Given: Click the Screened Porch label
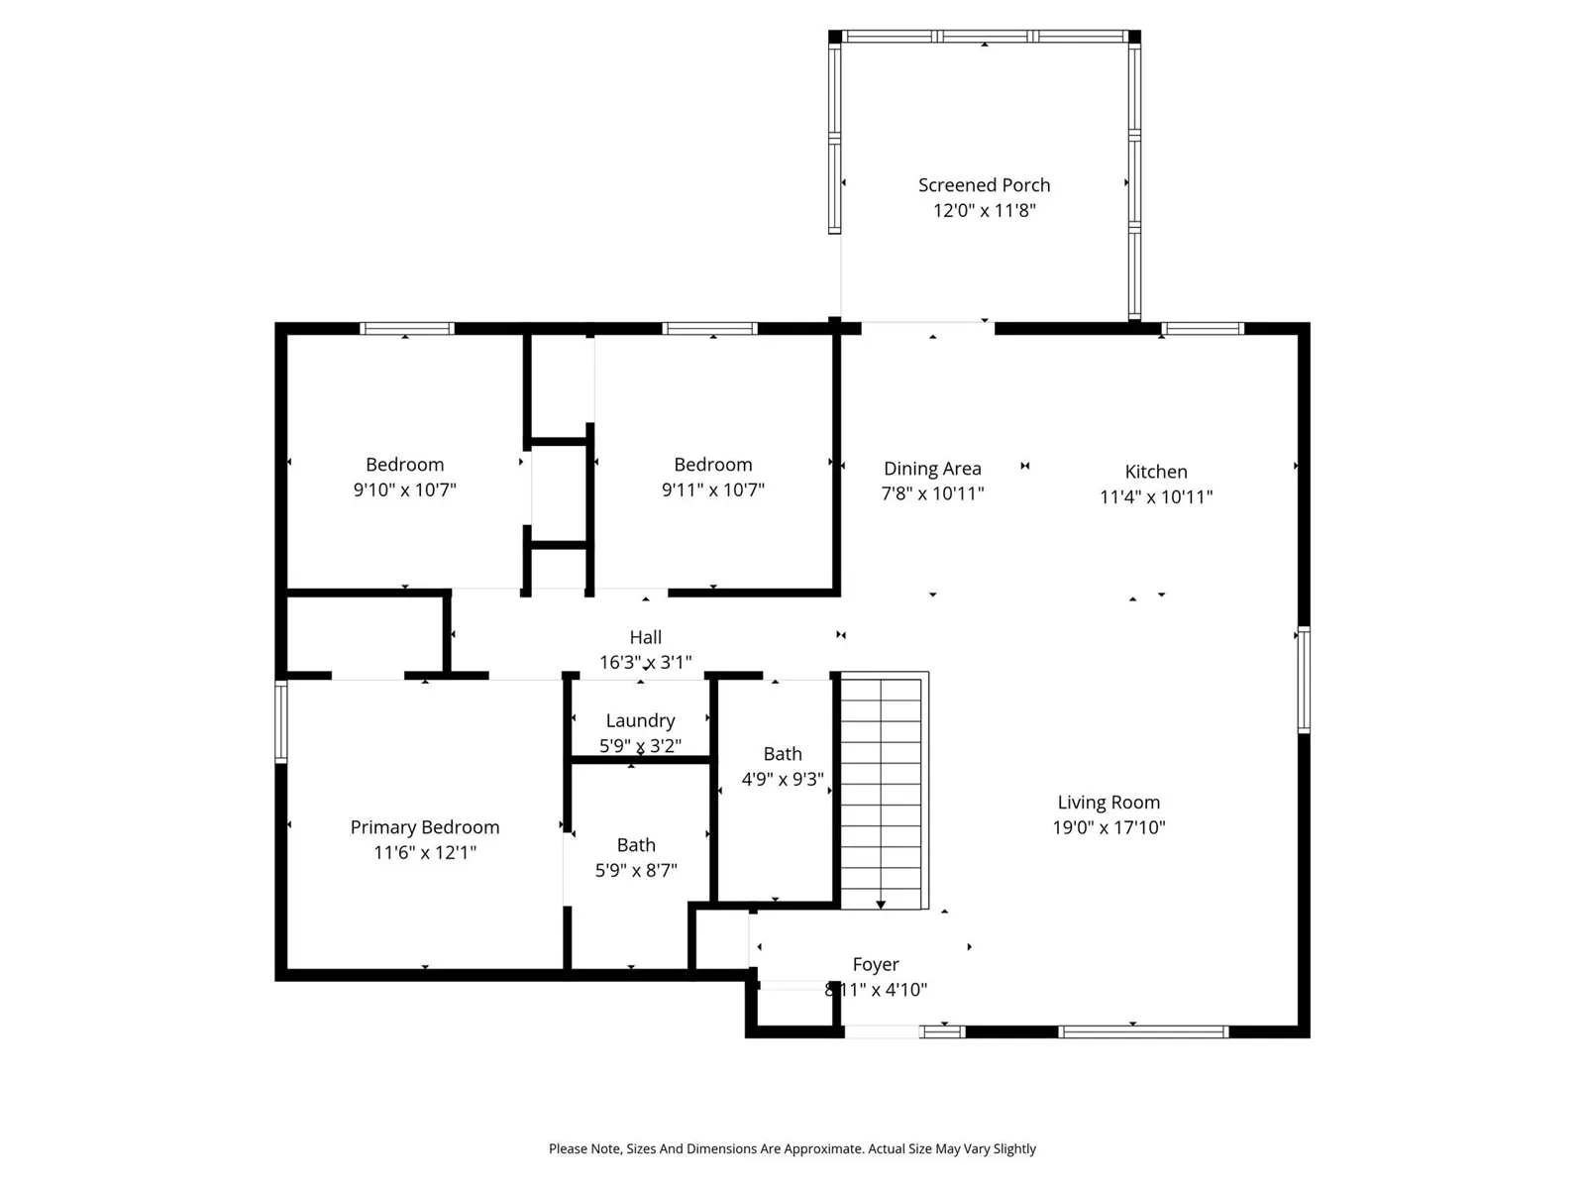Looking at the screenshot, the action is (984, 185).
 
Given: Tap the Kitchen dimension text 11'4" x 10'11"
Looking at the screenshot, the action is (1155, 496).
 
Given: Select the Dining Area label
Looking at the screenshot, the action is (932, 469).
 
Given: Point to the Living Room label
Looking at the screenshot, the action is (1109, 802).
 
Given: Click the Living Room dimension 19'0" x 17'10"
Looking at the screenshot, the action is (1109, 827).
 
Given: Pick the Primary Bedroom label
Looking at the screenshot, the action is (425, 827).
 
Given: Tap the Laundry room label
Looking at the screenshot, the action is (641, 720).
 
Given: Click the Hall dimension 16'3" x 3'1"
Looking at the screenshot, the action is (645, 662).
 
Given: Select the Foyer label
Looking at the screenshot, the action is (875, 964).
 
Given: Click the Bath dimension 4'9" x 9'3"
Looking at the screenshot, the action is (783, 779).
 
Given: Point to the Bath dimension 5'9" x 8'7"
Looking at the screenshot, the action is (636, 871).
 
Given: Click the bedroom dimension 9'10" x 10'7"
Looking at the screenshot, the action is (404, 490).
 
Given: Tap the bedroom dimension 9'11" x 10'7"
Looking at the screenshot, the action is (712, 490).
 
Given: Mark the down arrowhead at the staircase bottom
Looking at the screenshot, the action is (881, 905).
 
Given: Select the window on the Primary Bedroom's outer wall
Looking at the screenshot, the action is (281, 721).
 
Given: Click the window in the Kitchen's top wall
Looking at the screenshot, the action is (1203, 329).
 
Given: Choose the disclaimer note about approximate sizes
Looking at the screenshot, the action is (792, 1148).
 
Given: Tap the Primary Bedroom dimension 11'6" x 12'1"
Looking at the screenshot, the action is (425, 852).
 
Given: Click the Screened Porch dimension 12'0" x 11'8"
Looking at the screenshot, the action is (984, 211).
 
